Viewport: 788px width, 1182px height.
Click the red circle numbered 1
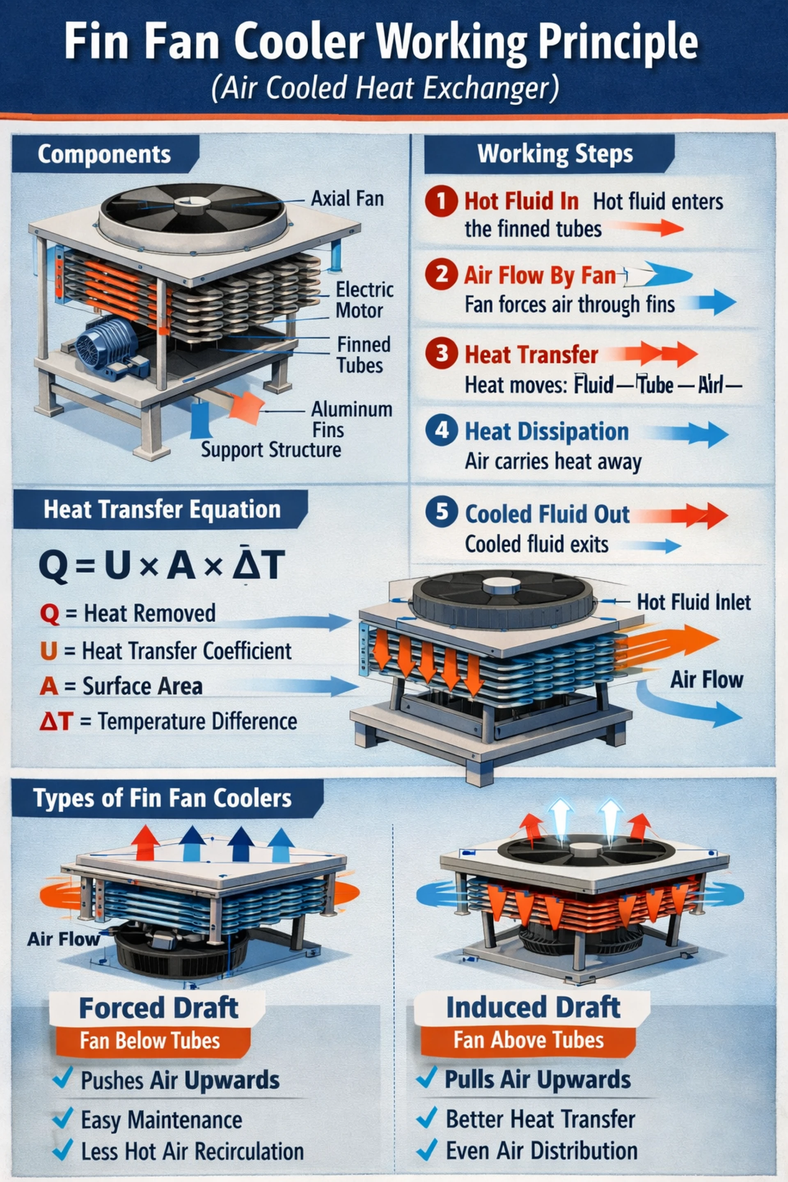(441, 201)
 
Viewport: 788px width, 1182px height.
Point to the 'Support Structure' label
(271, 449)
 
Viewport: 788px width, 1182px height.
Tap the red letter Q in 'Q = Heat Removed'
(49, 614)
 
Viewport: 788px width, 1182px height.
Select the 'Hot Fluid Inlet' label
(694, 602)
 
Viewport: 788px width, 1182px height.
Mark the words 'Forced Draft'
(158, 994)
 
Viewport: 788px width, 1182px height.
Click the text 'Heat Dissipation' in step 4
(546, 432)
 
